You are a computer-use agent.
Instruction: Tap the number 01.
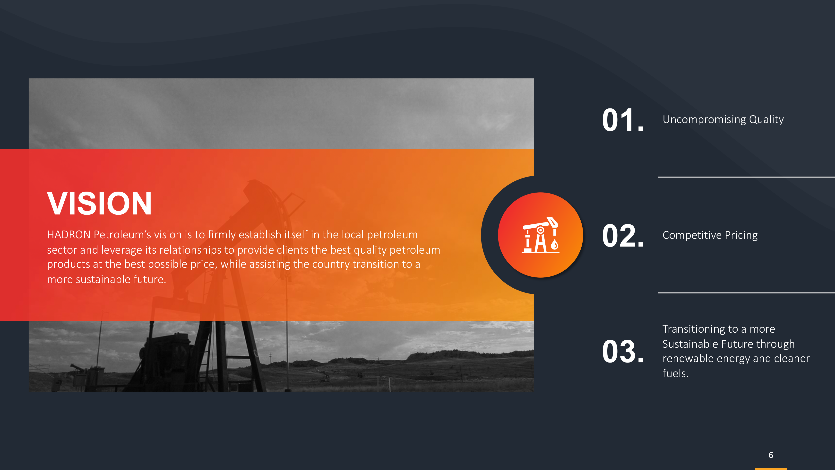[623, 120]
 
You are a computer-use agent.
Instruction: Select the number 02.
[623, 236]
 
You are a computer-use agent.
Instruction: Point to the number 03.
[623, 351]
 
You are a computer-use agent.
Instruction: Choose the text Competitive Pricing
[710, 235]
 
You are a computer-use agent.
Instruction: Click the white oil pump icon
[540, 235]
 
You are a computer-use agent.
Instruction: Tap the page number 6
[771, 455]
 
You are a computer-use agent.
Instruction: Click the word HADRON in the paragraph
[69, 234]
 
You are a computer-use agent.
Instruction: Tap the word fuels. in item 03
[675, 373]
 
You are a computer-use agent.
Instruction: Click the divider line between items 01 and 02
[746, 177]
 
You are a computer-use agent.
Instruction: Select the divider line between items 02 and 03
[746, 293]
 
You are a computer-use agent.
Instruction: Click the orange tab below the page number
[771, 469]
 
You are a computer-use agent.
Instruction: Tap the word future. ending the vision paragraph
[150, 279]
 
